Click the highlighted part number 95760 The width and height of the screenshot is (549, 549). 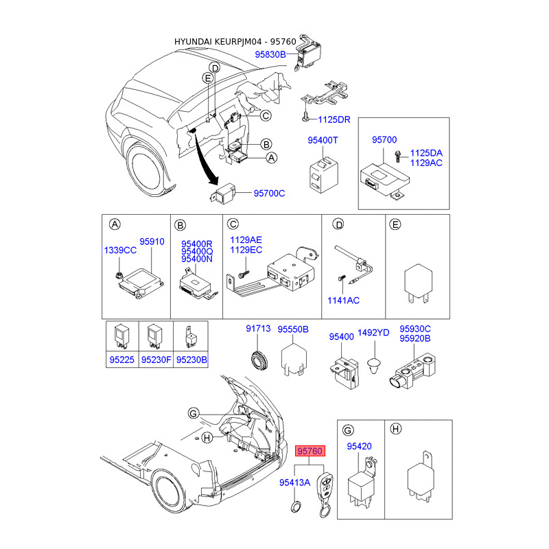tap(310, 451)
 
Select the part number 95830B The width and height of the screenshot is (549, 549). tap(270, 54)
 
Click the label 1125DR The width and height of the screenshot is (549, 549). tap(334, 119)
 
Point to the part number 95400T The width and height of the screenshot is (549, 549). tap(323, 140)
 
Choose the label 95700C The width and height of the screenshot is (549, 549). tap(269, 194)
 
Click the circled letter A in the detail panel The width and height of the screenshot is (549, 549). tap(115, 224)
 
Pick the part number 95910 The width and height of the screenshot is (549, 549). tap(152, 242)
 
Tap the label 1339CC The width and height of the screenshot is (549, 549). tap(121, 250)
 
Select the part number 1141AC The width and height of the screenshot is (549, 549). tap(343, 301)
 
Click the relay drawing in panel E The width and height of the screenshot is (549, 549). tap(418, 283)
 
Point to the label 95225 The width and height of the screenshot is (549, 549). tap(122, 360)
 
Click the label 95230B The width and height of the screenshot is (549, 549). tap(191, 360)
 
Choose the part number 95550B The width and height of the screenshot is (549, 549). tap(293, 329)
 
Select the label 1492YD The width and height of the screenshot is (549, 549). tap(373, 333)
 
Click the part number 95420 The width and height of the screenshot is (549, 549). tap(359, 447)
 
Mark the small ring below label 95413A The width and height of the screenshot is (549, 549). tap(296, 506)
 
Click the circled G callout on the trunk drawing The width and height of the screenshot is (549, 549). tap(194, 414)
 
